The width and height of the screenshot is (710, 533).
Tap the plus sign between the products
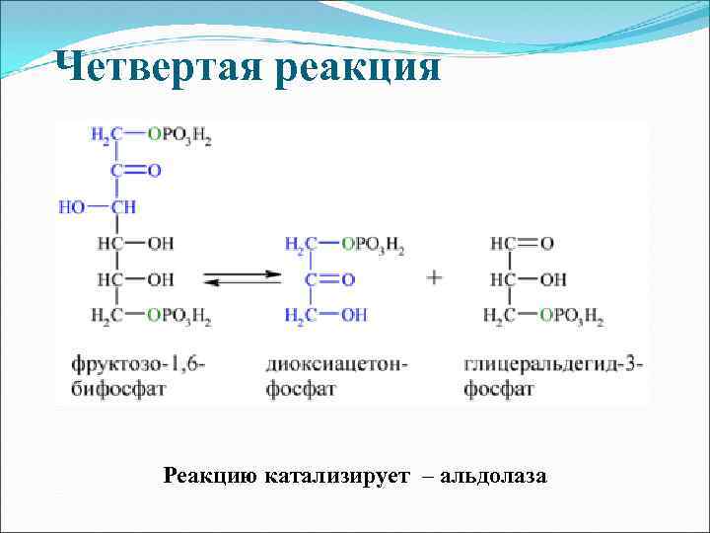tap(434, 277)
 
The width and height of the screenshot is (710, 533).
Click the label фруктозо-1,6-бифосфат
tap(138, 376)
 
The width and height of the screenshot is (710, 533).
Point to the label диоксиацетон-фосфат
tap(335, 376)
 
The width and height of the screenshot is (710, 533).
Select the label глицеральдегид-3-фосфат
tap(552, 376)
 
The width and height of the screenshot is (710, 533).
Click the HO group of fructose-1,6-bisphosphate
tap(72, 207)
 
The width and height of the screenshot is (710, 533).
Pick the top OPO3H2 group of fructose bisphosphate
tap(179, 136)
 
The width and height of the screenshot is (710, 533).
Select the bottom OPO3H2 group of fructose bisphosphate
tap(179, 316)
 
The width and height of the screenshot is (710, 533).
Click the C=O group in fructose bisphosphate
tap(135, 171)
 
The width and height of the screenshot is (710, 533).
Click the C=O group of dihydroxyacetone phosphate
tap(329, 279)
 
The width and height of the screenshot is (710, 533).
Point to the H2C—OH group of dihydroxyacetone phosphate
tap(325, 316)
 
